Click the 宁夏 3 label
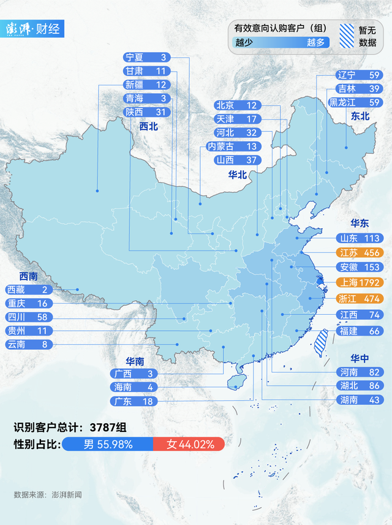pos(146,57)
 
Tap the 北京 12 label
pos(236,105)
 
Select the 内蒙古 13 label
pos(232,146)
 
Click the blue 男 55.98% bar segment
pos(108,444)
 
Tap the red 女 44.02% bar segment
pos(189,444)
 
